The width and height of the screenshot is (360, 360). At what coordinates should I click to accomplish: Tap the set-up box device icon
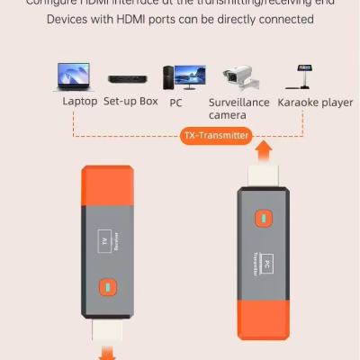[128, 79]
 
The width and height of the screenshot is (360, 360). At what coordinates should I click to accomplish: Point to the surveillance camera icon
[240, 78]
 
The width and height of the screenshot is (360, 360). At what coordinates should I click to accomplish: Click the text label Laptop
[79, 102]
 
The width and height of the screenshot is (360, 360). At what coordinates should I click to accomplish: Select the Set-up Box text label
[130, 102]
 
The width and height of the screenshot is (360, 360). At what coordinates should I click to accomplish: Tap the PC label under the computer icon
[176, 102]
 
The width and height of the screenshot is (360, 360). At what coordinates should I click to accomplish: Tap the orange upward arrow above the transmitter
[263, 148]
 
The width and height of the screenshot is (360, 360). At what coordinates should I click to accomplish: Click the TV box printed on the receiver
[103, 240]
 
